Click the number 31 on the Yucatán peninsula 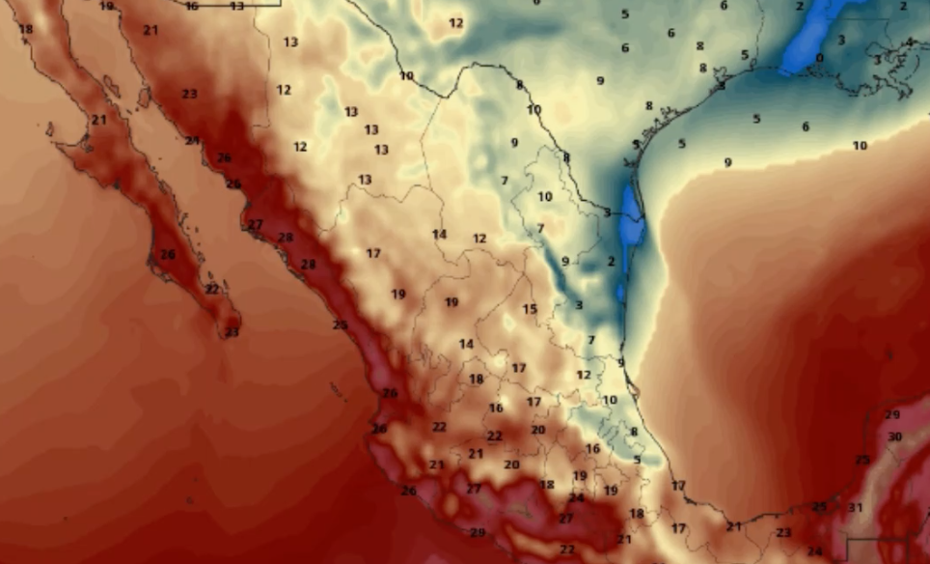pyautogui.click(x=855, y=507)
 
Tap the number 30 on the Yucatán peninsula pyautogui.click(x=894, y=437)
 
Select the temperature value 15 pyautogui.click(x=530, y=309)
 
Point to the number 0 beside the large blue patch pyautogui.click(x=819, y=58)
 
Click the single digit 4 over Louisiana pyautogui.click(x=909, y=42)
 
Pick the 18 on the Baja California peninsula pyautogui.click(x=25, y=29)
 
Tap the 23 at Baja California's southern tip pyautogui.click(x=232, y=332)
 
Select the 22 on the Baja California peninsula pyautogui.click(x=212, y=289)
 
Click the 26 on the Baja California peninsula pyautogui.click(x=168, y=255)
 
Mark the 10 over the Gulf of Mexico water pyautogui.click(x=860, y=146)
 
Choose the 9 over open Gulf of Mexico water pyautogui.click(x=727, y=162)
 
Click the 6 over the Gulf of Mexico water pyautogui.click(x=805, y=127)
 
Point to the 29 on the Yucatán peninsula pyautogui.click(x=892, y=414)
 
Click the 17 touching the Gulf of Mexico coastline pyautogui.click(x=678, y=486)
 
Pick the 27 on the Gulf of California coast pyautogui.click(x=255, y=225)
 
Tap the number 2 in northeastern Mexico pyautogui.click(x=611, y=261)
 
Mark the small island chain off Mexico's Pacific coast pyautogui.click(x=337, y=391)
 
